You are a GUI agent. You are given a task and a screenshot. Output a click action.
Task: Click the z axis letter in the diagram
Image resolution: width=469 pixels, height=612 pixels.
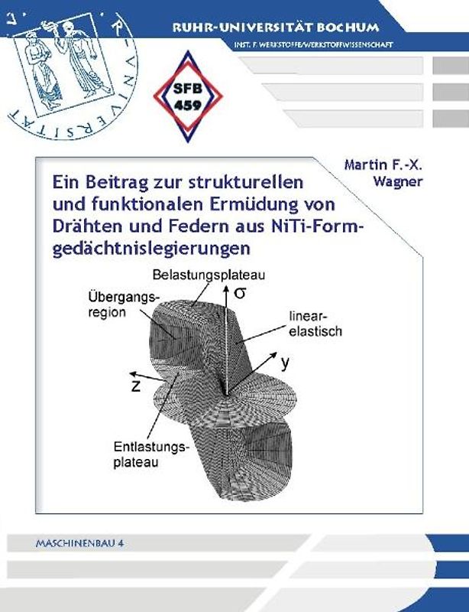point(135,386)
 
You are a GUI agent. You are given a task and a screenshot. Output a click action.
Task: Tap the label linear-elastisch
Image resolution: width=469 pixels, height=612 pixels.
point(314,324)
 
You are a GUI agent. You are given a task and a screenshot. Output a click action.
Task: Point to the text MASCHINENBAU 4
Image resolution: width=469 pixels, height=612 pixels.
point(79,541)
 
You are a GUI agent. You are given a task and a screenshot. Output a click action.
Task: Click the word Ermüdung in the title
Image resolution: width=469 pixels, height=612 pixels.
point(258,205)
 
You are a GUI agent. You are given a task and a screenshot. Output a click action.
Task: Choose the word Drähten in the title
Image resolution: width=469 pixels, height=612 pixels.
point(83,227)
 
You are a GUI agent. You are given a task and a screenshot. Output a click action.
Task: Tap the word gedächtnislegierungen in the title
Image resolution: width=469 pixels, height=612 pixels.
point(152,249)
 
